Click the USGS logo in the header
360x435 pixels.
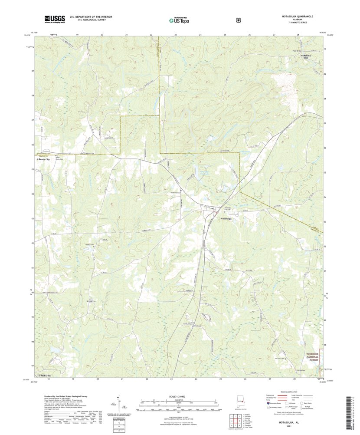54,19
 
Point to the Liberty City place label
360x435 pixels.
43,159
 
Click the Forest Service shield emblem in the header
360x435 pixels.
238,20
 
